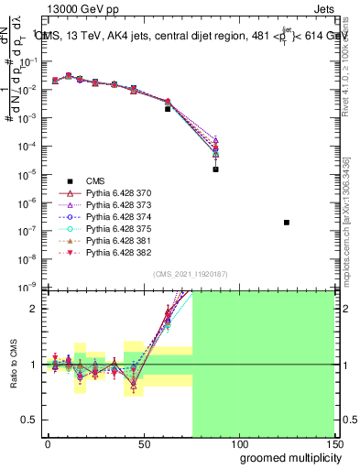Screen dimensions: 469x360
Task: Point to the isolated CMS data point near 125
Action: pyautogui.click(x=287, y=223)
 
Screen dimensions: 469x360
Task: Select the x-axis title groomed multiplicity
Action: pyautogui.click(x=287, y=457)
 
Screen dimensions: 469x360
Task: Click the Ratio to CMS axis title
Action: pyautogui.click(x=12, y=365)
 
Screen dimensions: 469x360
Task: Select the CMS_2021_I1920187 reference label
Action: pyautogui.click(x=190, y=273)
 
